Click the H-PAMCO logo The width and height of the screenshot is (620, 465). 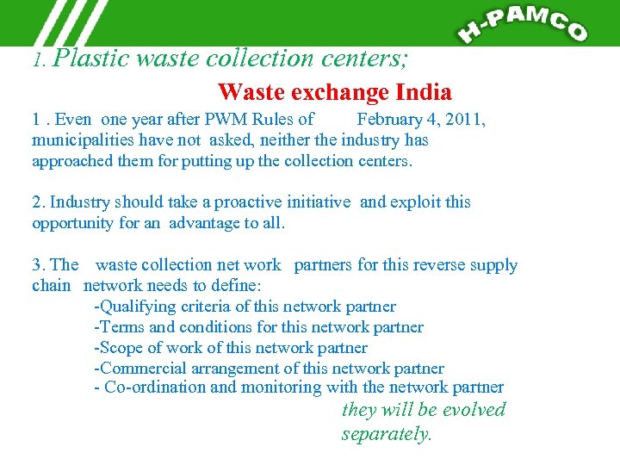pos(524,23)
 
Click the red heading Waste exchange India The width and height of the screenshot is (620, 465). pos(335,91)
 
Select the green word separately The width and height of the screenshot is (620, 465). pos(387,434)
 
